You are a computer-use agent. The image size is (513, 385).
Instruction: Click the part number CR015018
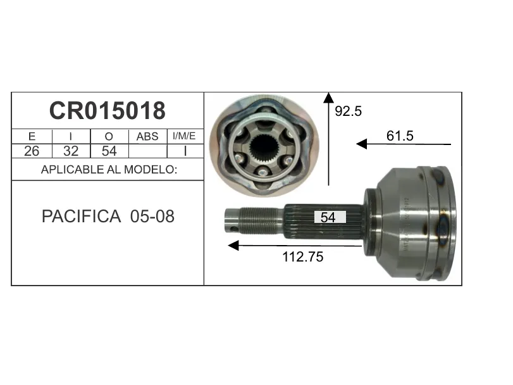pyautogui.click(x=108, y=111)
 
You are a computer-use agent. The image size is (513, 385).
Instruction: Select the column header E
pyautogui.click(x=32, y=136)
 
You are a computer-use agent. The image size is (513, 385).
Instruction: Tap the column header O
pyautogui.click(x=109, y=136)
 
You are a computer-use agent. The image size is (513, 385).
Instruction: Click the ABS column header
pyautogui.click(x=147, y=136)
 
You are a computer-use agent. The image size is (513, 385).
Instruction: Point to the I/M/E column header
pyautogui.click(x=184, y=136)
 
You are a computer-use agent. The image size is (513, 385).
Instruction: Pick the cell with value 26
pyautogui.click(x=32, y=151)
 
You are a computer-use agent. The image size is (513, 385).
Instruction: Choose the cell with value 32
pyautogui.click(x=71, y=151)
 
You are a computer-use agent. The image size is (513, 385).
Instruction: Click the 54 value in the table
pyautogui.click(x=109, y=151)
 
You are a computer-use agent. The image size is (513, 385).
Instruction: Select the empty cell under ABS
pyautogui.click(x=148, y=151)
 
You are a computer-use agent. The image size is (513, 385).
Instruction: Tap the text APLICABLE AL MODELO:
pyautogui.click(x=109, y=169)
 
